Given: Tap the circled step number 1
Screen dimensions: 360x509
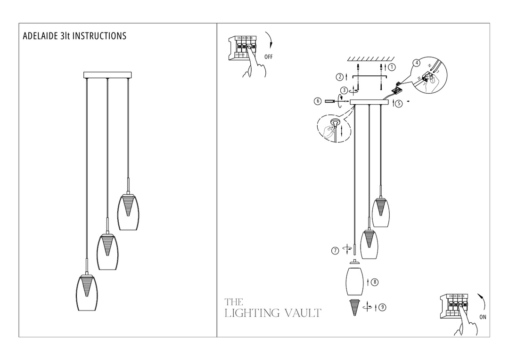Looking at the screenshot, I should (x=392, y=67).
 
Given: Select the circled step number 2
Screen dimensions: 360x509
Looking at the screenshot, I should (x=339, y=76).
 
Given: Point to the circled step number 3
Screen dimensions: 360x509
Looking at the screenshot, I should (x=345, y=90).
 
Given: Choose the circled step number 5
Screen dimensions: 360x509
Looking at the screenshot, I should (x=399, y=104).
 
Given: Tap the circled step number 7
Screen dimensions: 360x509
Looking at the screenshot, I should (x=335, y=251).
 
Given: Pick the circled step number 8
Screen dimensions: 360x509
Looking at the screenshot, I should (x=375, y=282).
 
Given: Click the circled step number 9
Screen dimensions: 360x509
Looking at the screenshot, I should (x=383, y=307).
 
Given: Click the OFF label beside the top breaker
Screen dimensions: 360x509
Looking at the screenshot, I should (x=268, y=56).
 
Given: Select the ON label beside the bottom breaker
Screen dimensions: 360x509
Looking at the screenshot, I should (x=483, y=317).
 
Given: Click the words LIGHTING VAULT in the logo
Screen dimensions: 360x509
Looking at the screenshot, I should (x=273, y=313).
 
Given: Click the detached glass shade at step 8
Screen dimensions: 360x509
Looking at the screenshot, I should (x=354, y=281).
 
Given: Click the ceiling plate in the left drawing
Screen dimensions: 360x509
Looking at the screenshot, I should (x=108, y=74).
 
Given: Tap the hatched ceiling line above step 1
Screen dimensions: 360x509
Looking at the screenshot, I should (x=370, y=59).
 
